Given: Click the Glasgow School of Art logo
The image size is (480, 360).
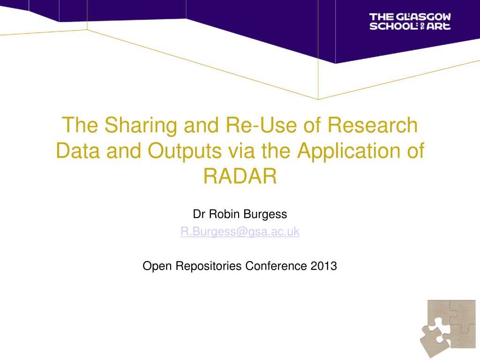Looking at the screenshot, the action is click(x=410, y=22).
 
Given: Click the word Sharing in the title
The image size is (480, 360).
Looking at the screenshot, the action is click(x=141, y=126).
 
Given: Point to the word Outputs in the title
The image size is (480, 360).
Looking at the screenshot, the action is click(x=185, y=151).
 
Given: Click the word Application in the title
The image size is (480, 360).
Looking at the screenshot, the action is click(x=349, y=151).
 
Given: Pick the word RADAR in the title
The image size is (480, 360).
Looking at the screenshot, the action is click(x=240, y=176).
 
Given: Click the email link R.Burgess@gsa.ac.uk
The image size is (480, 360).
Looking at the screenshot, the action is click(x=240, y=232).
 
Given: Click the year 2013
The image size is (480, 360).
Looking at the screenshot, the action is click(x=323, y=266).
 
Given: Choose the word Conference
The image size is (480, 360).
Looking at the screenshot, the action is click(x=276, y=266).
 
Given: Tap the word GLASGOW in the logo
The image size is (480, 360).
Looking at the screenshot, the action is click(x=423, y=17).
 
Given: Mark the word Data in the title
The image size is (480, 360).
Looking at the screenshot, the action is click(x=78, y=151).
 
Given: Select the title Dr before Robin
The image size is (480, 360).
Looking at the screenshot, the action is click(x=199, y=214).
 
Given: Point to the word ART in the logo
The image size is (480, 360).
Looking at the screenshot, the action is click(x=438, y=26).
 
